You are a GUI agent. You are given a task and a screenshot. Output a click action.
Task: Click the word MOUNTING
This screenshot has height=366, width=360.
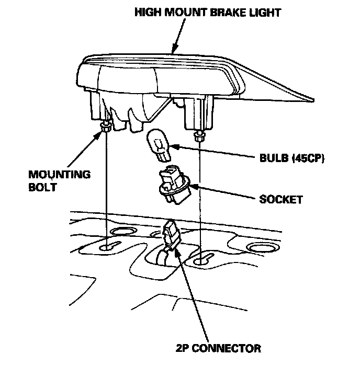point(52,174)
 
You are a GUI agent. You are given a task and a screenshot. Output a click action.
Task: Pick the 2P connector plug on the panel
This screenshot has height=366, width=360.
point(171,233)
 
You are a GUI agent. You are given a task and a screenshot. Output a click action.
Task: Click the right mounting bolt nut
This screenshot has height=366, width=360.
point(199,137)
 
